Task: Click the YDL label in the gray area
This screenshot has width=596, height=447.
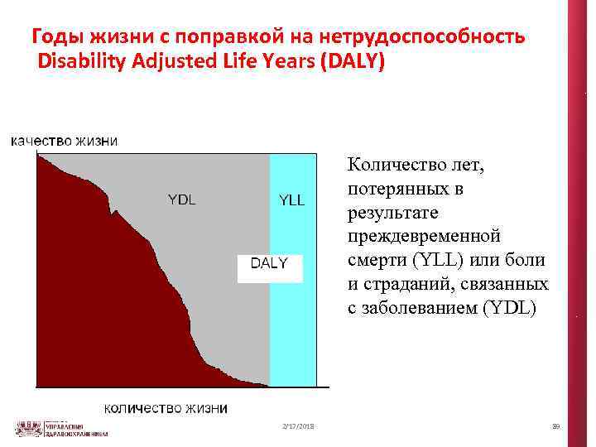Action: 182,199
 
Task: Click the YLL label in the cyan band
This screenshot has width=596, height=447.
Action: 291,199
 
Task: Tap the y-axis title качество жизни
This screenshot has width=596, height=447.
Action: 64,141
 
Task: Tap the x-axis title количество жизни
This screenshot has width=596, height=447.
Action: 166,408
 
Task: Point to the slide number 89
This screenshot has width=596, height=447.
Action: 555,426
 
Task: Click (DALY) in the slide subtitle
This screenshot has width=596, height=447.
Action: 348,61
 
